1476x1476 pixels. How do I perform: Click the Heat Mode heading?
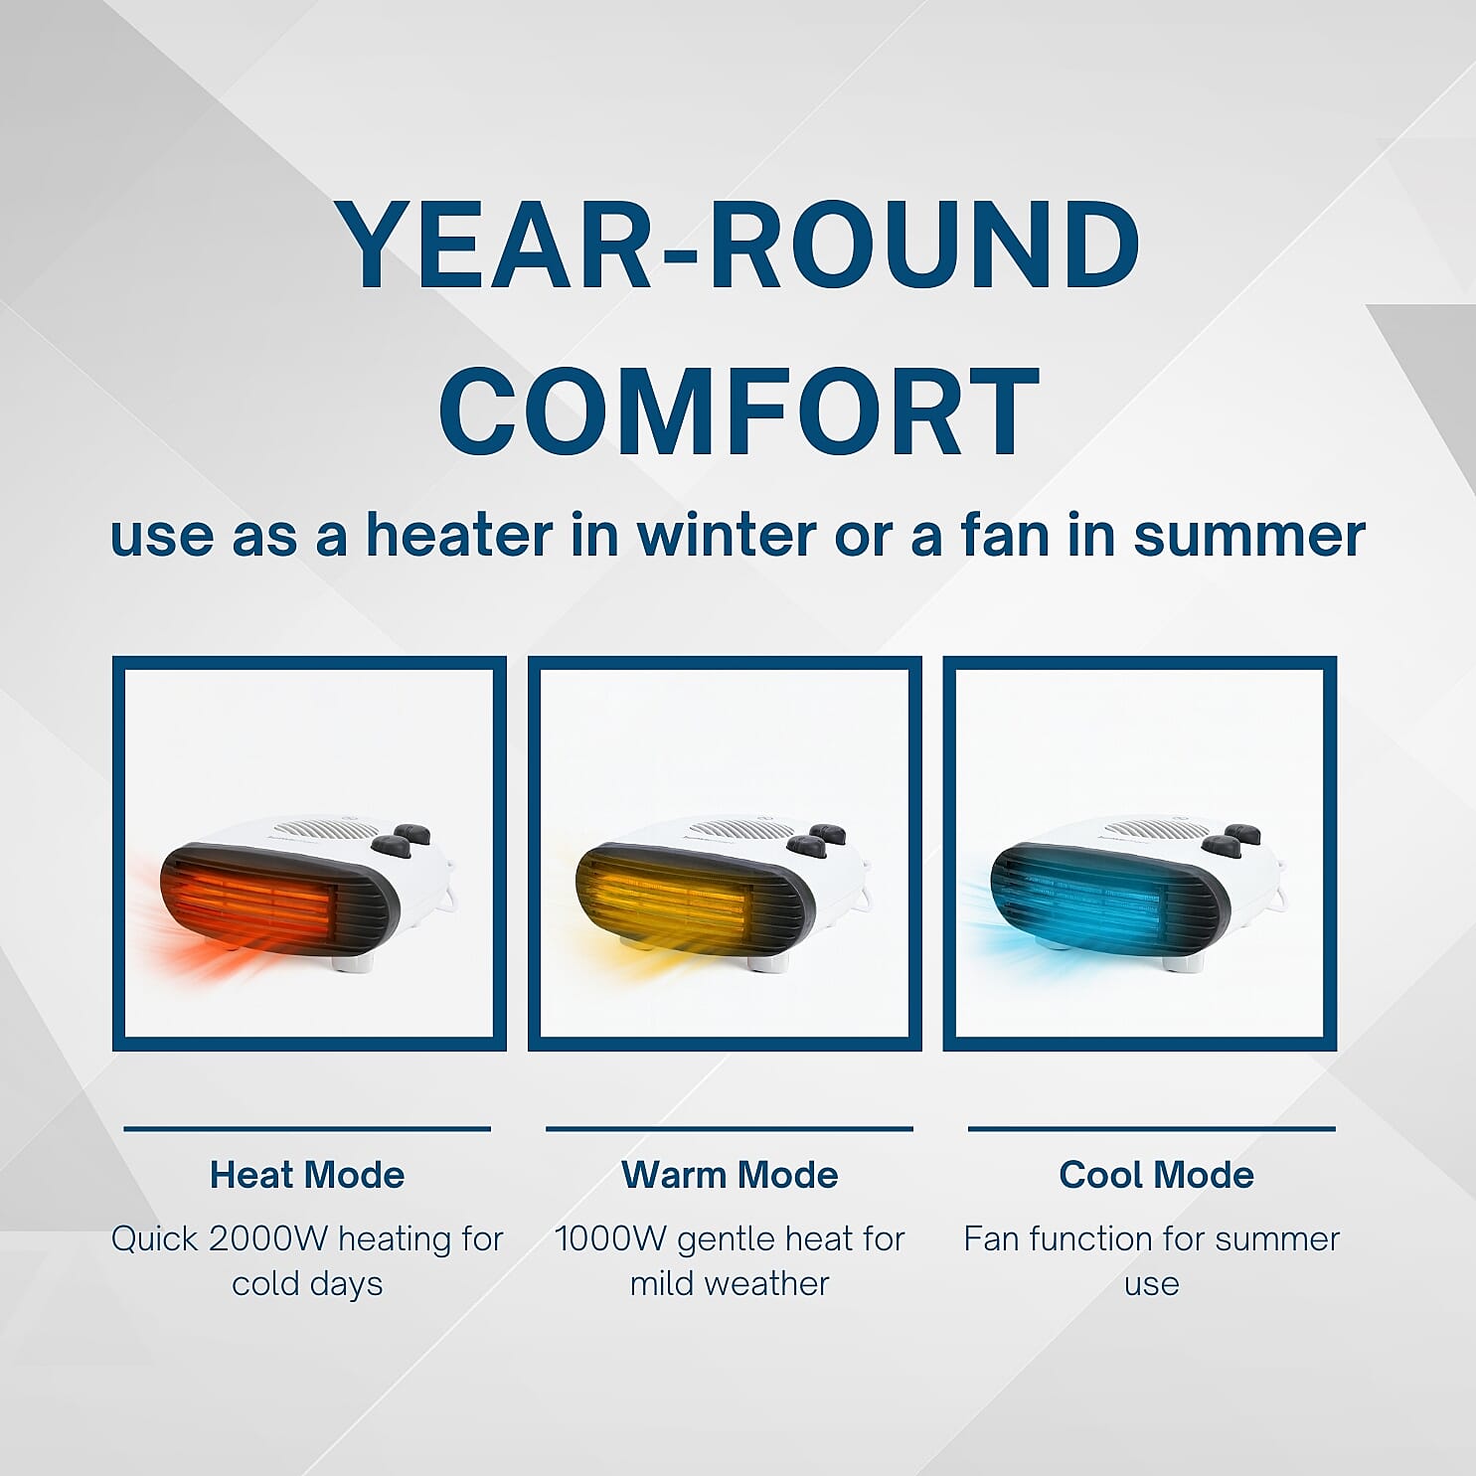point(307,1175)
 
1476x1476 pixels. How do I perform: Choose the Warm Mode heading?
point(730,1175)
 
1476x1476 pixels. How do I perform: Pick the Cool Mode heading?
point(1156,1175)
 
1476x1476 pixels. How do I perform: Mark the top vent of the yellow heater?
point(724,830)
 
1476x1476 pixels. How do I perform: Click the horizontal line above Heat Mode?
point(307,1129)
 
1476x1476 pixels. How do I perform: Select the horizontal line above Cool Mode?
point(1151,1129)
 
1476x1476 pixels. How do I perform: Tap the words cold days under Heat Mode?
point(307,1284)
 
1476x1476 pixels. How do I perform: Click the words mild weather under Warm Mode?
point(730,1284)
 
